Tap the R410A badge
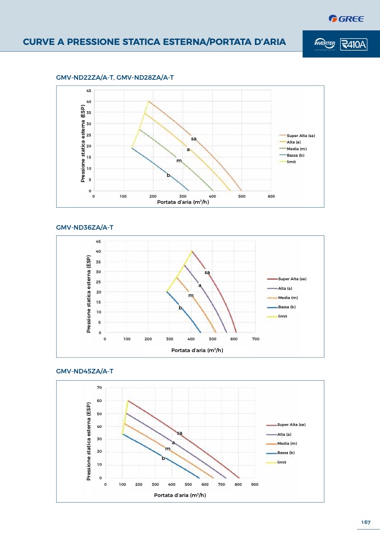pos(354,44)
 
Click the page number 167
pos(366,522)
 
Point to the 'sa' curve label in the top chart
pos(194,138)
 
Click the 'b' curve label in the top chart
pos(168,175)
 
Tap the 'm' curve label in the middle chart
pos(191,295)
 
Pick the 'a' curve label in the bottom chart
pos(173,443)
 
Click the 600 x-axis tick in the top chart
pos(271,196)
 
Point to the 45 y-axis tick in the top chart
pos(89,90)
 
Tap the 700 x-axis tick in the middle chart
pos(255,339)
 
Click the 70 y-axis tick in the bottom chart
pos(99,387)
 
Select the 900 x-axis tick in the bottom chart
pos(254,484)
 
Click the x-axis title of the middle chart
pos(197,350)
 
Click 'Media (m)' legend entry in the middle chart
pos(287,297)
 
